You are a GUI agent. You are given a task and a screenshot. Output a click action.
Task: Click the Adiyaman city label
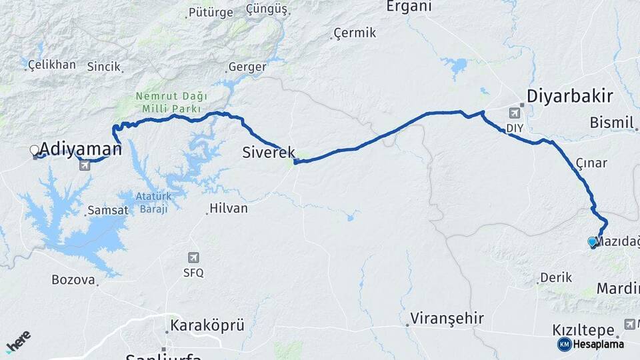point(81,149)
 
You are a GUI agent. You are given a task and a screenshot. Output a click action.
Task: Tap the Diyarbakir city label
point(569,97)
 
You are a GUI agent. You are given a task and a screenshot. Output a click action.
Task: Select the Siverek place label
point(269,153)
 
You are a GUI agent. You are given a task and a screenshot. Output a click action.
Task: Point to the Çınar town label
point(591,163)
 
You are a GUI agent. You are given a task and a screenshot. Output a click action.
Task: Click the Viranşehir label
point(447,318)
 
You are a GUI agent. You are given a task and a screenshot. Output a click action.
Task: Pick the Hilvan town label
point(228,209)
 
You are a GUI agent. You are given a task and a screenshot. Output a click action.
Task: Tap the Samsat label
point(107,211)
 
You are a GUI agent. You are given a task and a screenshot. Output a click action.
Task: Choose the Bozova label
point(73,280)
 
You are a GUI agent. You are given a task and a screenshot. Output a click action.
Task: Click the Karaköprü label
point(207,326)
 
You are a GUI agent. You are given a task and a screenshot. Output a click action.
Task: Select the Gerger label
point(247,67)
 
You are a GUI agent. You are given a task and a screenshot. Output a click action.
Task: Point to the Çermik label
point(355,33)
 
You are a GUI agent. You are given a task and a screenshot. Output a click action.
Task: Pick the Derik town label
point(556,277)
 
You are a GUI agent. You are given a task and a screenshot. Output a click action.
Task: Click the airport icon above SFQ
point(193,257)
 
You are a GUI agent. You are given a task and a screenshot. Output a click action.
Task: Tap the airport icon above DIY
point(515,113)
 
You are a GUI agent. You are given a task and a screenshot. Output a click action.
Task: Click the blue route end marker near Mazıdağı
point(591,242)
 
